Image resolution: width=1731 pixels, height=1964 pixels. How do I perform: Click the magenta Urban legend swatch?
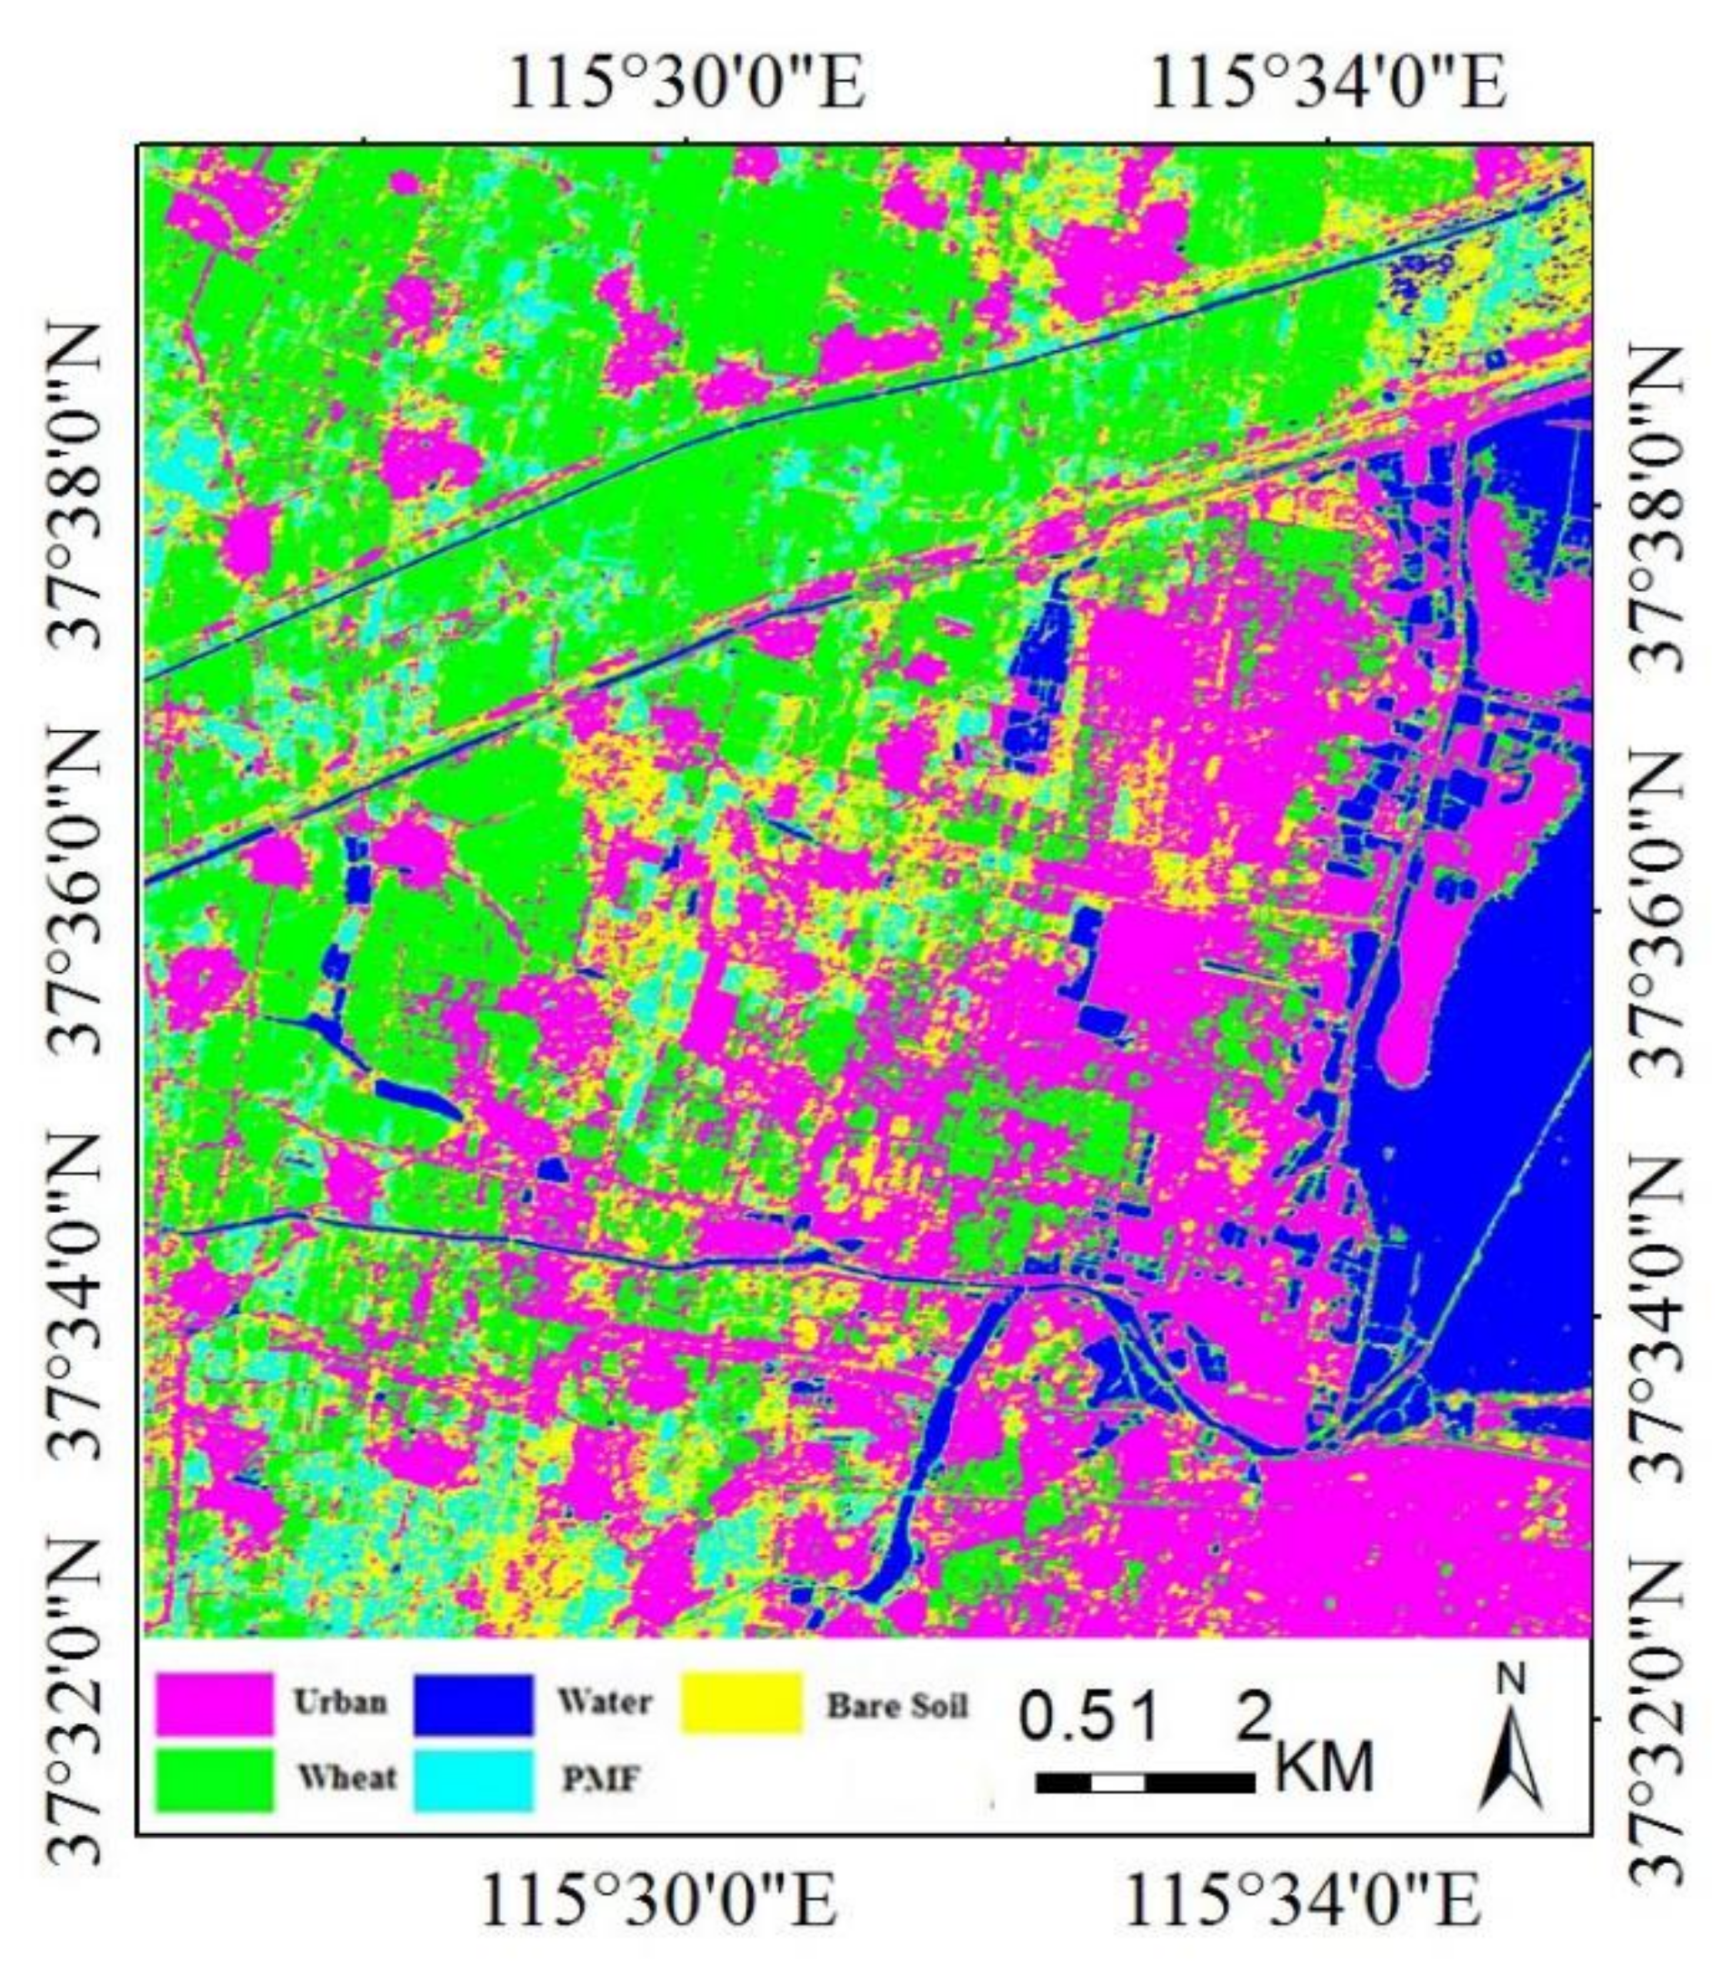click(x=215, y=1705)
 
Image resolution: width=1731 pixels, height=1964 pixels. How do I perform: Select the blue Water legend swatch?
click(x=473, y=1705)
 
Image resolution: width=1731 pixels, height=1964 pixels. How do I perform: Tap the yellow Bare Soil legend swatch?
click(x=741, y=1703)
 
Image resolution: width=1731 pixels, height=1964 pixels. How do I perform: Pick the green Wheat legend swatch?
click(x=215, y=1779)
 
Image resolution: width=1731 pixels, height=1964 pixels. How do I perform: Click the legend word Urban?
click(x=340, y=1702)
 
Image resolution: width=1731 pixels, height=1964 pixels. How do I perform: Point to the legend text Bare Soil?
click(x=897, y=1706)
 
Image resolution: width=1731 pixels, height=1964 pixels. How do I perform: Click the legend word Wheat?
click(x=345, y=1778)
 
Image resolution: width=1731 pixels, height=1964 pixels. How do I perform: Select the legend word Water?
click(x=605, y=1702)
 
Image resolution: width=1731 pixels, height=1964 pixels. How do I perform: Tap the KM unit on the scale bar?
click(x=1324, y=1766)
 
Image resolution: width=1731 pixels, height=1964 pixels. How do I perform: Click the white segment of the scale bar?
click(x=1118, y=1783)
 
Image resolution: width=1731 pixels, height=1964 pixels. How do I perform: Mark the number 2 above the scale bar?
click(x=1254, y=1717)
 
